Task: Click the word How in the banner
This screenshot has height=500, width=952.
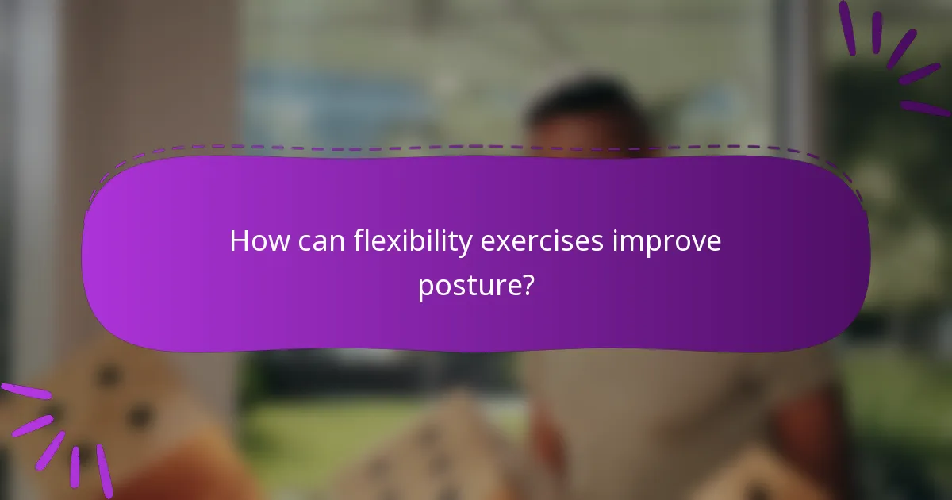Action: (255, 241)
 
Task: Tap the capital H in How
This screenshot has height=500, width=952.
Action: (238, 241)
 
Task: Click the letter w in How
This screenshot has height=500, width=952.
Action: (268, 242)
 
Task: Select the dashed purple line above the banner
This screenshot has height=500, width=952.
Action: (476, 146)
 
